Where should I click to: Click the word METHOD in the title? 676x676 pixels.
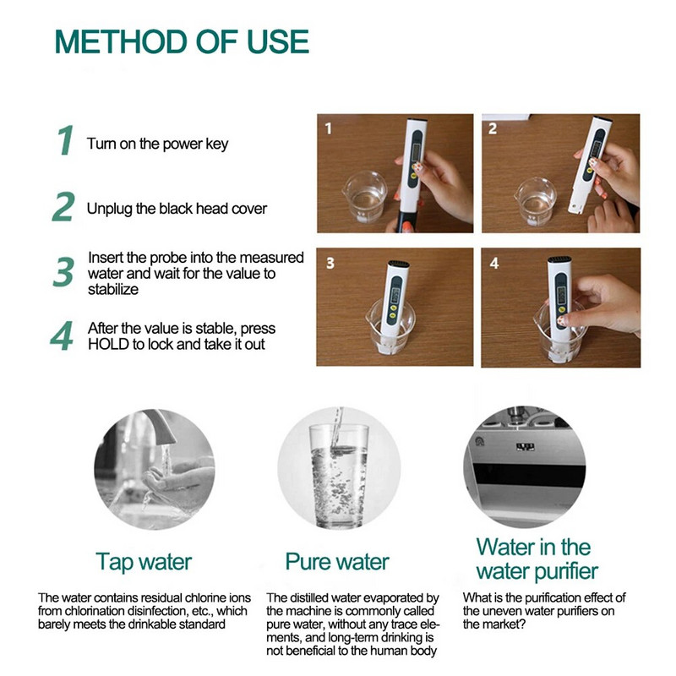(121, 41)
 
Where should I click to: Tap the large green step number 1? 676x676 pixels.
(66, 140)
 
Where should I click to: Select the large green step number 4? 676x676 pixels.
(62, 335)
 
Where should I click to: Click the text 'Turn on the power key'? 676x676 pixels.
(157, 144)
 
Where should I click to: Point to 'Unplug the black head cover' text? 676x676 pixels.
(177, 209)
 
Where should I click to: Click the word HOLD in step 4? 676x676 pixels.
(109, 345)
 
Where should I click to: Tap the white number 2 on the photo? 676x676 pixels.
(493, 128)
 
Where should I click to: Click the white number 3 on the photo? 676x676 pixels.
(330, 263)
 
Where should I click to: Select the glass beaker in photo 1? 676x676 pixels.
(365, 197)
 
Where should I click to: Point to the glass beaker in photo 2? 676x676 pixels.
(535, 201)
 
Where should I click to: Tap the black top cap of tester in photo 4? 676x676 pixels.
(559, 260)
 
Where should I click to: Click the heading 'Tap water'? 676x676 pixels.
(144, 562)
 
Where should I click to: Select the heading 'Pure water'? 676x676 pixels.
(337, 562)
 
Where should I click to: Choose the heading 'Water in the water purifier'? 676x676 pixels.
(537, 559)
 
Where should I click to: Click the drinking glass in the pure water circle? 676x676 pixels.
(339, 476)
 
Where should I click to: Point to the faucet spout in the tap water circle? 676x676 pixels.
(158, 426)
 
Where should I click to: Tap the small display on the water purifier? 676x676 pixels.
(525, 447)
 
